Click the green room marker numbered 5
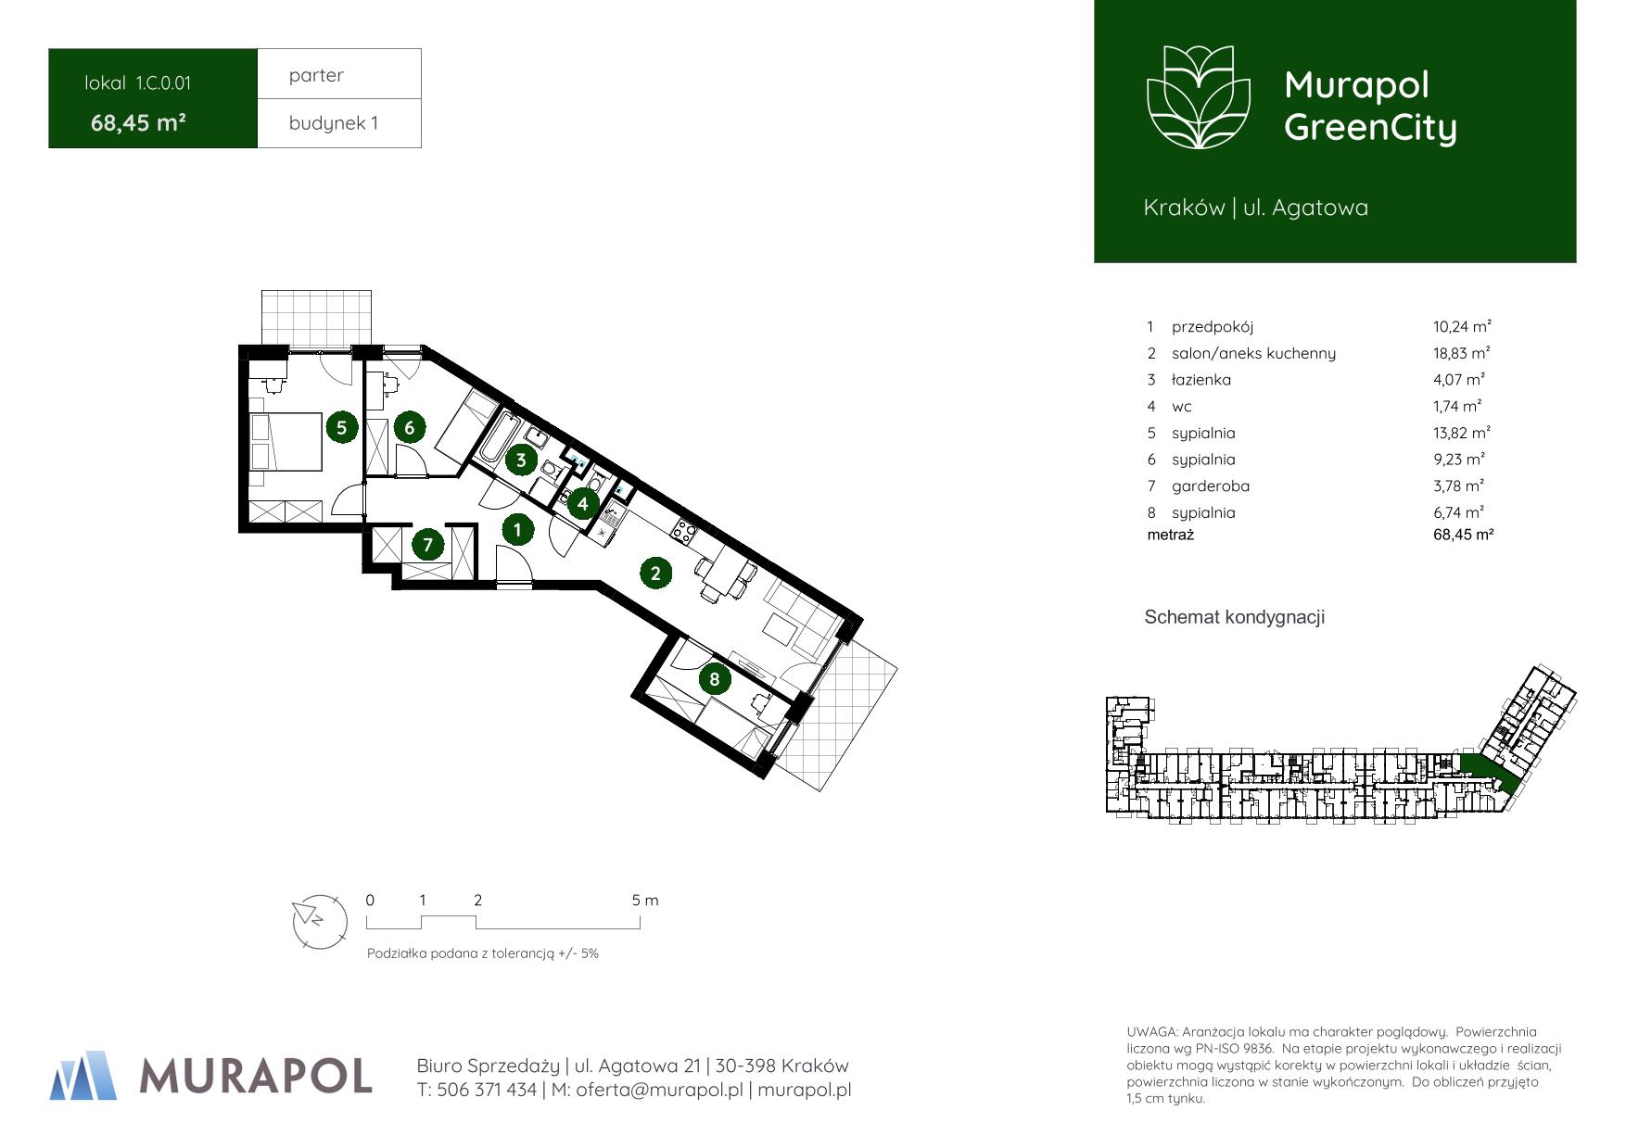(x=342, y=427)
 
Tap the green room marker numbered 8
(x=714, y=679)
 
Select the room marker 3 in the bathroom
(x=521, y=460)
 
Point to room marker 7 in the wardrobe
(x=427, y=544)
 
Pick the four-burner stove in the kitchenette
(x=684, y=531)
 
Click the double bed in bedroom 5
(x=286, y=442)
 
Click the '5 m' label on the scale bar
(x=645, y=901)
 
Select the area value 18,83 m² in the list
(x=1461, y=353)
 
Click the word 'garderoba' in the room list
(x=1210, y=486)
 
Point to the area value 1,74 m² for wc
(x=1456, y=406)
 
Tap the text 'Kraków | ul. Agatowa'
(x=1255, y=208)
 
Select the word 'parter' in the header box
(x=316, y=75)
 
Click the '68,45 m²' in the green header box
(x=139, y=122)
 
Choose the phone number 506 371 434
(x=487, y=1090)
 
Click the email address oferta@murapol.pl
(x=659, y=1090)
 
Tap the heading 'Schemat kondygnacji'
(x=1234, y=617)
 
